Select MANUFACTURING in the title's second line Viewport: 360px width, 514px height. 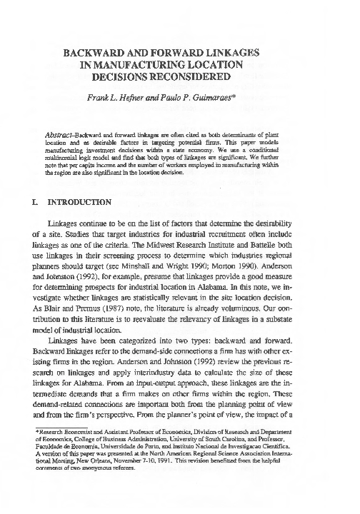[x=156, y=66]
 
